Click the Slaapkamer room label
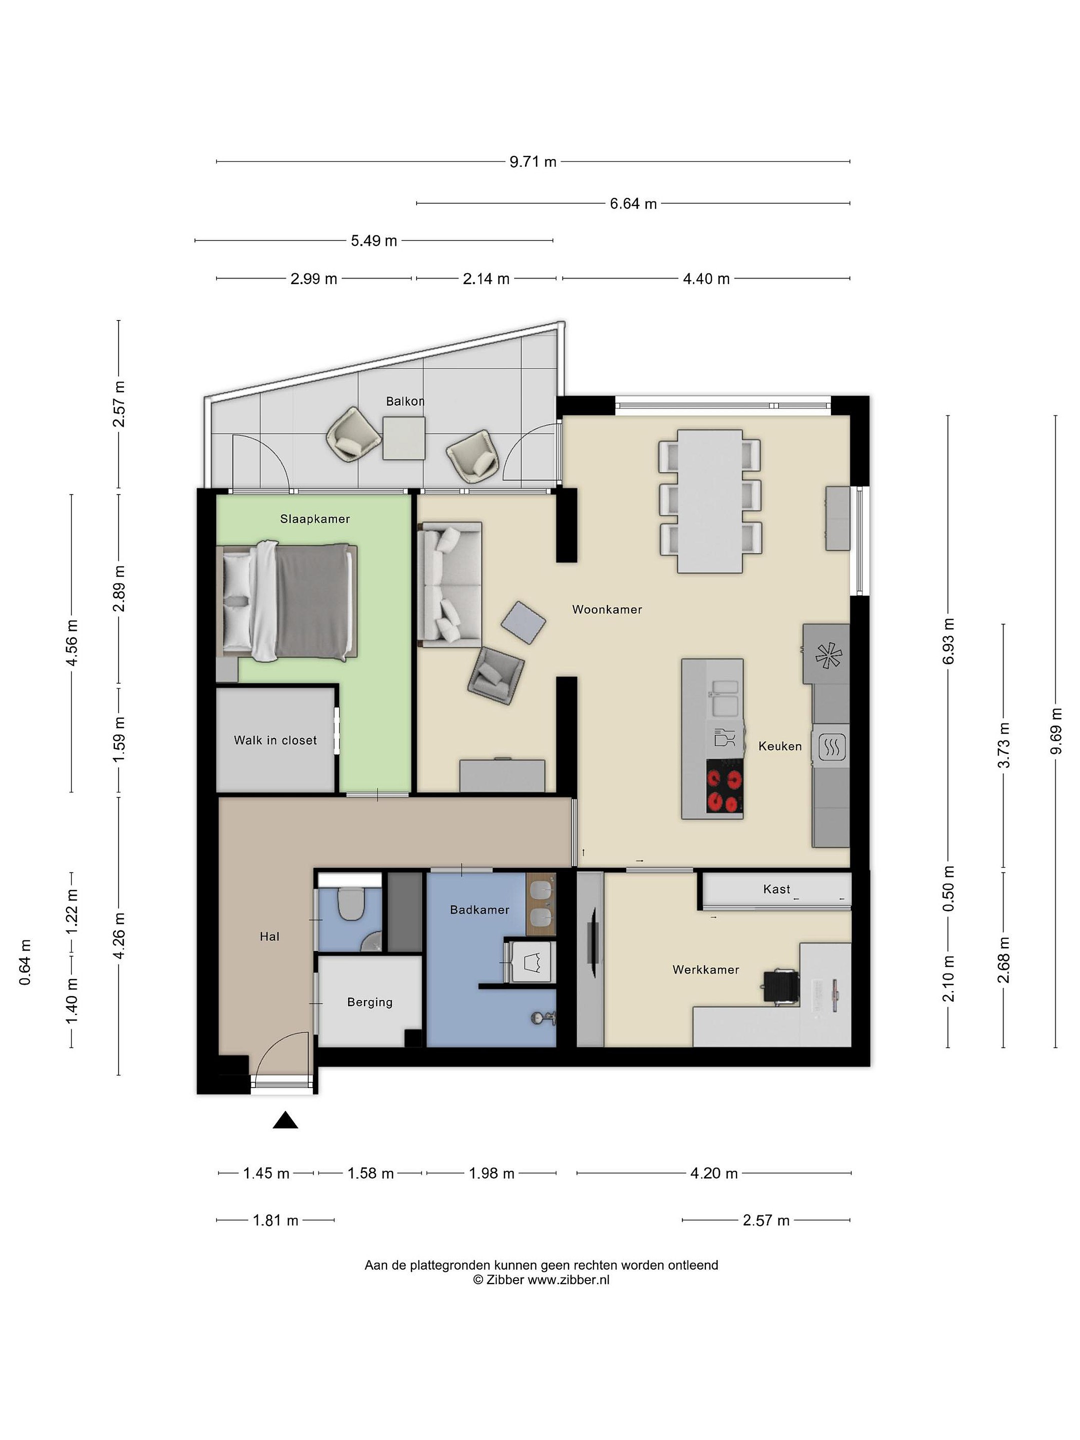[x=315, y=519]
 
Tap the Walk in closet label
[x=275, y=740]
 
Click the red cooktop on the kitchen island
[x=724, y=790]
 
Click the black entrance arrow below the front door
[x=285, y=1119]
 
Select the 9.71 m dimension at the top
[x=533, y=161]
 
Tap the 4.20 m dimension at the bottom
[x=714, y=1173]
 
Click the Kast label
[x=776, y=889]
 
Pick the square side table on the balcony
[x=403, y=438]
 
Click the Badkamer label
[x=480, y=909]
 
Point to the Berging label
[x=370, y=1002]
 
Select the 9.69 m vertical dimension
[x=1056, y=730]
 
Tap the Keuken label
[x=780, y=746]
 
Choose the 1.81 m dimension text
[x=275, y=1220]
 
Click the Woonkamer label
[x=607, y=609]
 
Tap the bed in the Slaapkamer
[x=286, y=602]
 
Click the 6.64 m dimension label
[x=633, y=204]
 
